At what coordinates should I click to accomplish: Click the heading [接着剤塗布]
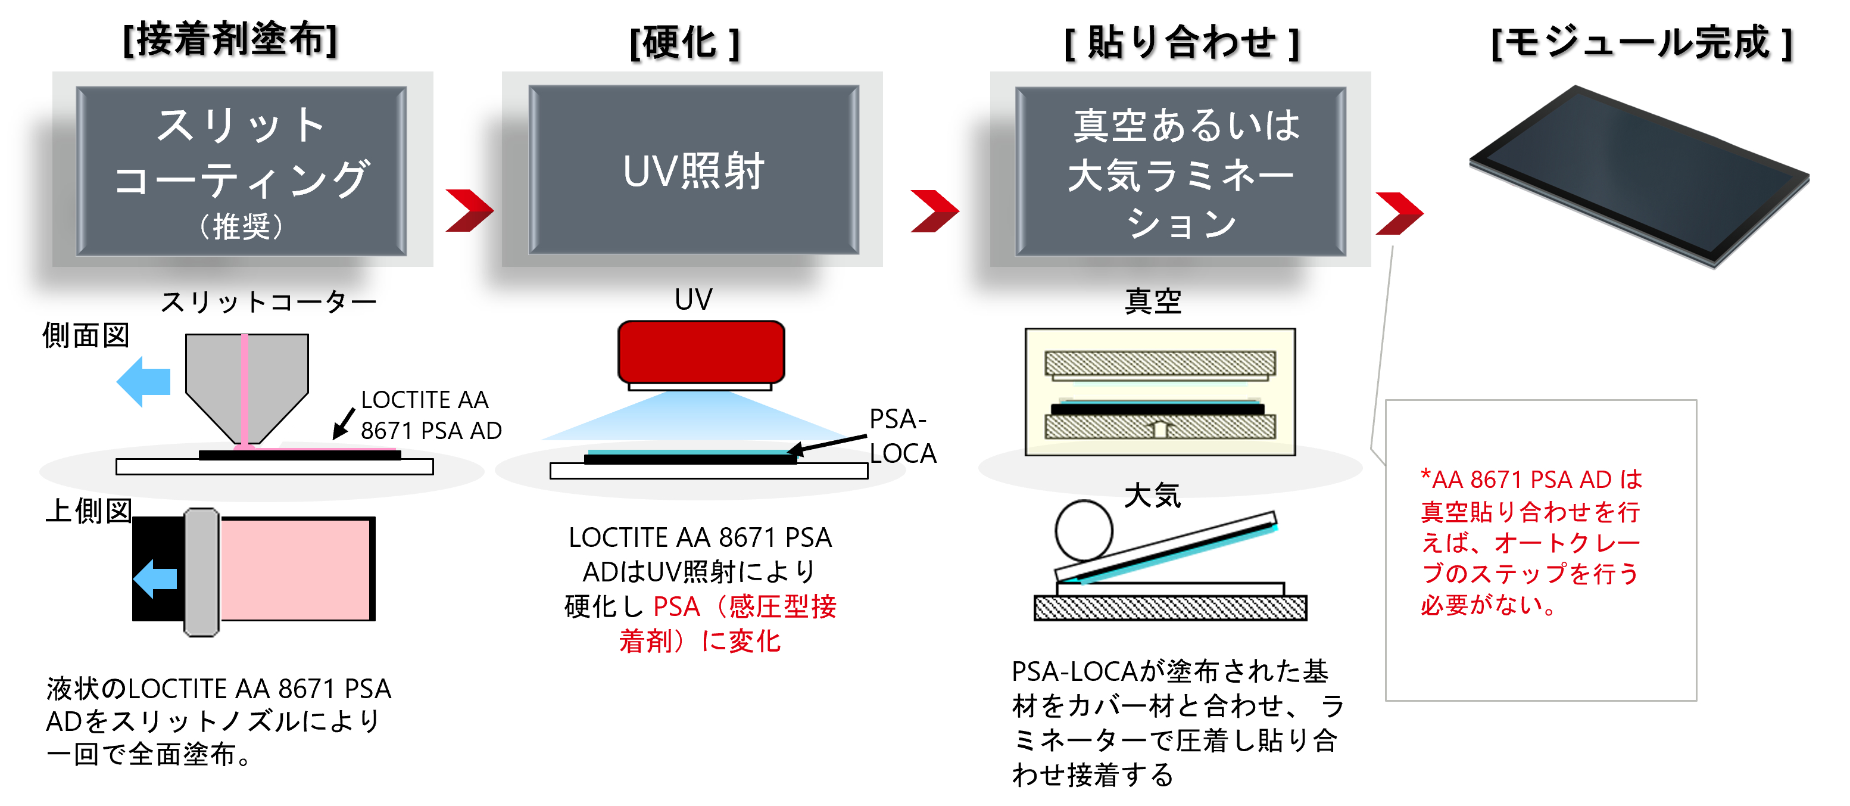[x=230, y=39]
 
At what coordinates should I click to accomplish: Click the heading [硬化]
[x=684, y=43]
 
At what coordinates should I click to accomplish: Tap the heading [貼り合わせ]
[x=1181, y=43]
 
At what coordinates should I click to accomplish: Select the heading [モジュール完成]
[x=1641, y=43]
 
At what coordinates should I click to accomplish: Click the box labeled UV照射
[x=693, y=170]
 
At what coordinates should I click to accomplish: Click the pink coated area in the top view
[x=295, y=569]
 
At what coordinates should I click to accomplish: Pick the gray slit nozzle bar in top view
[x=202, y=572]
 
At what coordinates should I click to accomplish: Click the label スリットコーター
[x=268, y=301]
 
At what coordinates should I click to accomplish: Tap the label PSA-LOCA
[x=901, y=436]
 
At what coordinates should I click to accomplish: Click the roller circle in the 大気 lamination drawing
[x=1083, y=531]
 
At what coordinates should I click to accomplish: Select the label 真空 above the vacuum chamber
[x=1153, y=301]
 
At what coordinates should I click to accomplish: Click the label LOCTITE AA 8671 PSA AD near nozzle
[x=429, y=415]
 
